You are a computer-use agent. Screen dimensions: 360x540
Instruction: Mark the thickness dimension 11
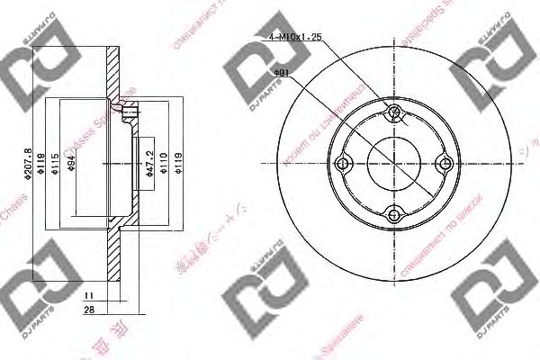[x=89, y=294]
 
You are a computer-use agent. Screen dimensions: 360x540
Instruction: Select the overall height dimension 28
[x=89, y=310]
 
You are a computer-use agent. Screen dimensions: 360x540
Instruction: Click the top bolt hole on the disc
[x=393, y=112]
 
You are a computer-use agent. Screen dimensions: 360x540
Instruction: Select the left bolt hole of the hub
[x=342, y=163]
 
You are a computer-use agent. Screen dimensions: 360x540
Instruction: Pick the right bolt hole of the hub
[x=444, y=163]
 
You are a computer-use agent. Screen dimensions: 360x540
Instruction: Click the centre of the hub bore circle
[x=393, y=163]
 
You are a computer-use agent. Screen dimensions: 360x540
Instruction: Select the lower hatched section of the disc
[x=114, y=261]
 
